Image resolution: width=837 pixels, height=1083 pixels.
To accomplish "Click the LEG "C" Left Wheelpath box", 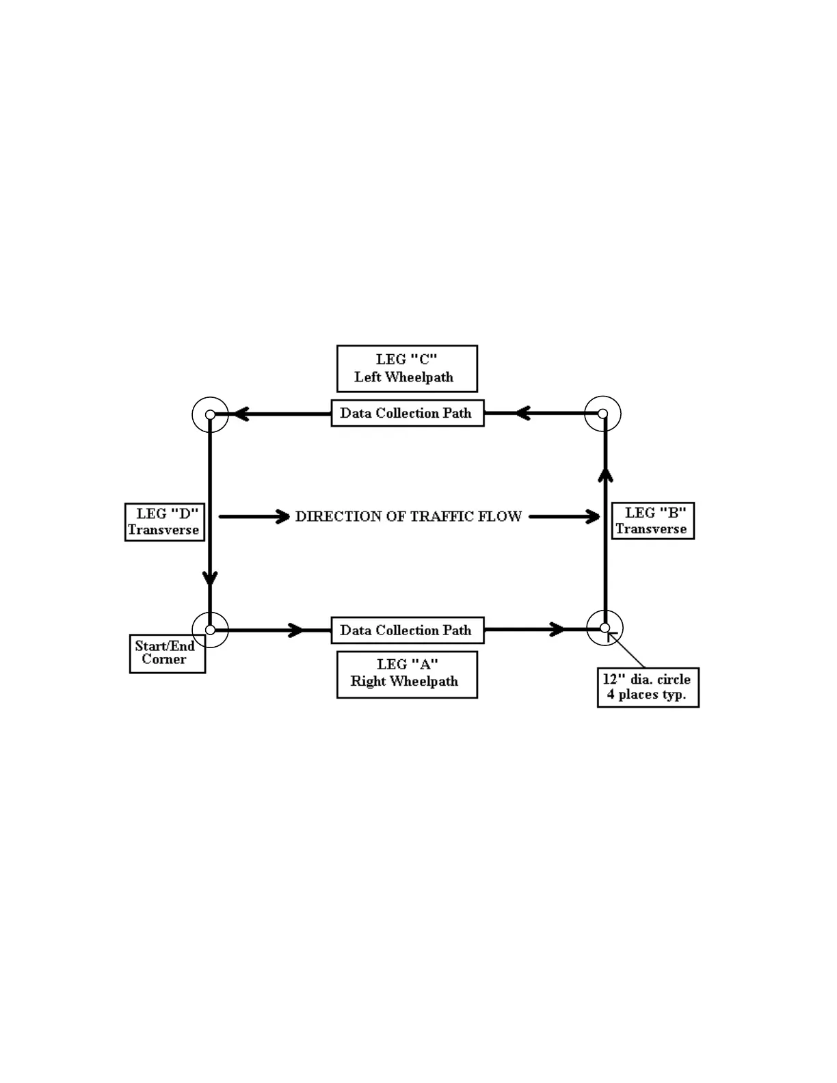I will pyautogui.click(x=407, y=369).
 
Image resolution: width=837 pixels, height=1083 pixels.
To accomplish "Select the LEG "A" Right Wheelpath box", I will pyautogui.click(x=407, y=674).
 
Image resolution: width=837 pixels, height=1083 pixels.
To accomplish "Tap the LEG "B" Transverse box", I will pyautogui.click(x=652, y=521).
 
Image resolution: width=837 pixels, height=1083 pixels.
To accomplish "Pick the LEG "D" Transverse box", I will pyautogui.click(x=165, y=522).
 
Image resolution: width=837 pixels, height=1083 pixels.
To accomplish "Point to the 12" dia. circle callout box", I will pyautogui.click(x=648, y=687).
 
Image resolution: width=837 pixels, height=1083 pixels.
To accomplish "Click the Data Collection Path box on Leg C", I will pyautogui.click(x=407, y=413).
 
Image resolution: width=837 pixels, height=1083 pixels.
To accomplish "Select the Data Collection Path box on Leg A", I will pyautogui.click(x=407, y=630).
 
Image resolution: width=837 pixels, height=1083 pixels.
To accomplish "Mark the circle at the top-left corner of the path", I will pyautogui.click(x=210, y=414).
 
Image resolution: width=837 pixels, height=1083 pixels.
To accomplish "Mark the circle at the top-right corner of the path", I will pyautogui.click(x=602, y=414).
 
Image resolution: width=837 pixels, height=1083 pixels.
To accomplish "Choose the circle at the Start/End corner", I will pyautogui.click(x=210, y=630).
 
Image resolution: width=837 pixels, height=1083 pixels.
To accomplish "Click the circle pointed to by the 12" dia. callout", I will pyautogui.click(x=604, y=628).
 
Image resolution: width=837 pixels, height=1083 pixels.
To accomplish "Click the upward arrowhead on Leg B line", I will pyautogui.click(x=605, y=475).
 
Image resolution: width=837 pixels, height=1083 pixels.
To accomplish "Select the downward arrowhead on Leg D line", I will pyautogui.click(x=210, y=578).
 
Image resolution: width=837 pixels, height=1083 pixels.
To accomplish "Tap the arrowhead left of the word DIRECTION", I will pyautogui.click(x=282, y=517).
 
